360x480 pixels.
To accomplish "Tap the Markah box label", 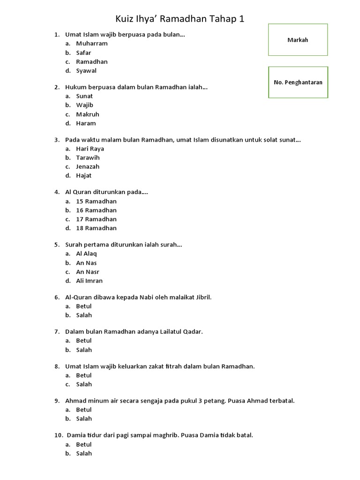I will click(298, 40).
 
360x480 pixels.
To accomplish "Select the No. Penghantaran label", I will click(298, 82).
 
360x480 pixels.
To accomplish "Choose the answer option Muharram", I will click(92, 44).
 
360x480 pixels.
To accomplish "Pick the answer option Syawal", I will click(86, 71).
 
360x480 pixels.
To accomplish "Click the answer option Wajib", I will click(85, 105).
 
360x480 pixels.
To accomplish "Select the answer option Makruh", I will click(88, 114).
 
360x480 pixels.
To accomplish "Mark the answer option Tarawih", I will click(88, 157).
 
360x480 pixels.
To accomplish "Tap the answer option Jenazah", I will click(88, 166).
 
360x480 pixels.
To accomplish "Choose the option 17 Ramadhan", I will click(97, 219).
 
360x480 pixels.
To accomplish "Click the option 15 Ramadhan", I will click(97, 201).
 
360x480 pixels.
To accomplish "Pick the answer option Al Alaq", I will click(87, 254).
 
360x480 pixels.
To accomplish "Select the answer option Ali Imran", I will click(90, 281).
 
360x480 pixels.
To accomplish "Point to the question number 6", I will click(56, 297).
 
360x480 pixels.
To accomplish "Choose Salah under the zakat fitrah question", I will click(84, 384).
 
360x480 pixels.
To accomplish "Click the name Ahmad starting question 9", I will click(75, 401).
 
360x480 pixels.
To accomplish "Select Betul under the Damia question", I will click(84, 444).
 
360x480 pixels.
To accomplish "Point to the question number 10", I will click(58, 435).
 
